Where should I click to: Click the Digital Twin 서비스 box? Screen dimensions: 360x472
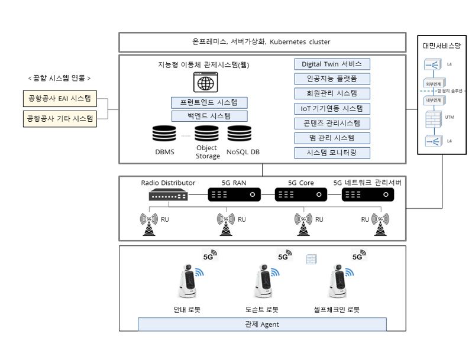[x=332, y=64]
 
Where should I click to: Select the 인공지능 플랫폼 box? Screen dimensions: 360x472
[x=332, y=79]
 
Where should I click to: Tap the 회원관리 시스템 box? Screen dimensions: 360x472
[x=332, y=93]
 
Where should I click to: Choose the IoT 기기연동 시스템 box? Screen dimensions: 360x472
[x=332, y=108]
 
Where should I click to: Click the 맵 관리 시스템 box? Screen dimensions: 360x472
[x=332, y=138]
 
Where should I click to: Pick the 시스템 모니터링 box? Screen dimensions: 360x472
[x=332, y=153]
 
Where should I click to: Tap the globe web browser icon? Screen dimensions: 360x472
[x=205, y=83]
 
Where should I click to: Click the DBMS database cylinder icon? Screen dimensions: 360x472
[x=164, y=134]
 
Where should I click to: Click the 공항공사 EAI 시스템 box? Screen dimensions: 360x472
[x=59, y=98]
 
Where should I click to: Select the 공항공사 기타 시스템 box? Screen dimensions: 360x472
[x=59, y=118]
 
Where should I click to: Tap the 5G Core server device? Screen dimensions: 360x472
[x=300, y=194]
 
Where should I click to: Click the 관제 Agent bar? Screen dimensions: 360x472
[x=261, y=324]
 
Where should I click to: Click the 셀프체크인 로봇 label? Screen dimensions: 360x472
[x=337, y=309]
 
